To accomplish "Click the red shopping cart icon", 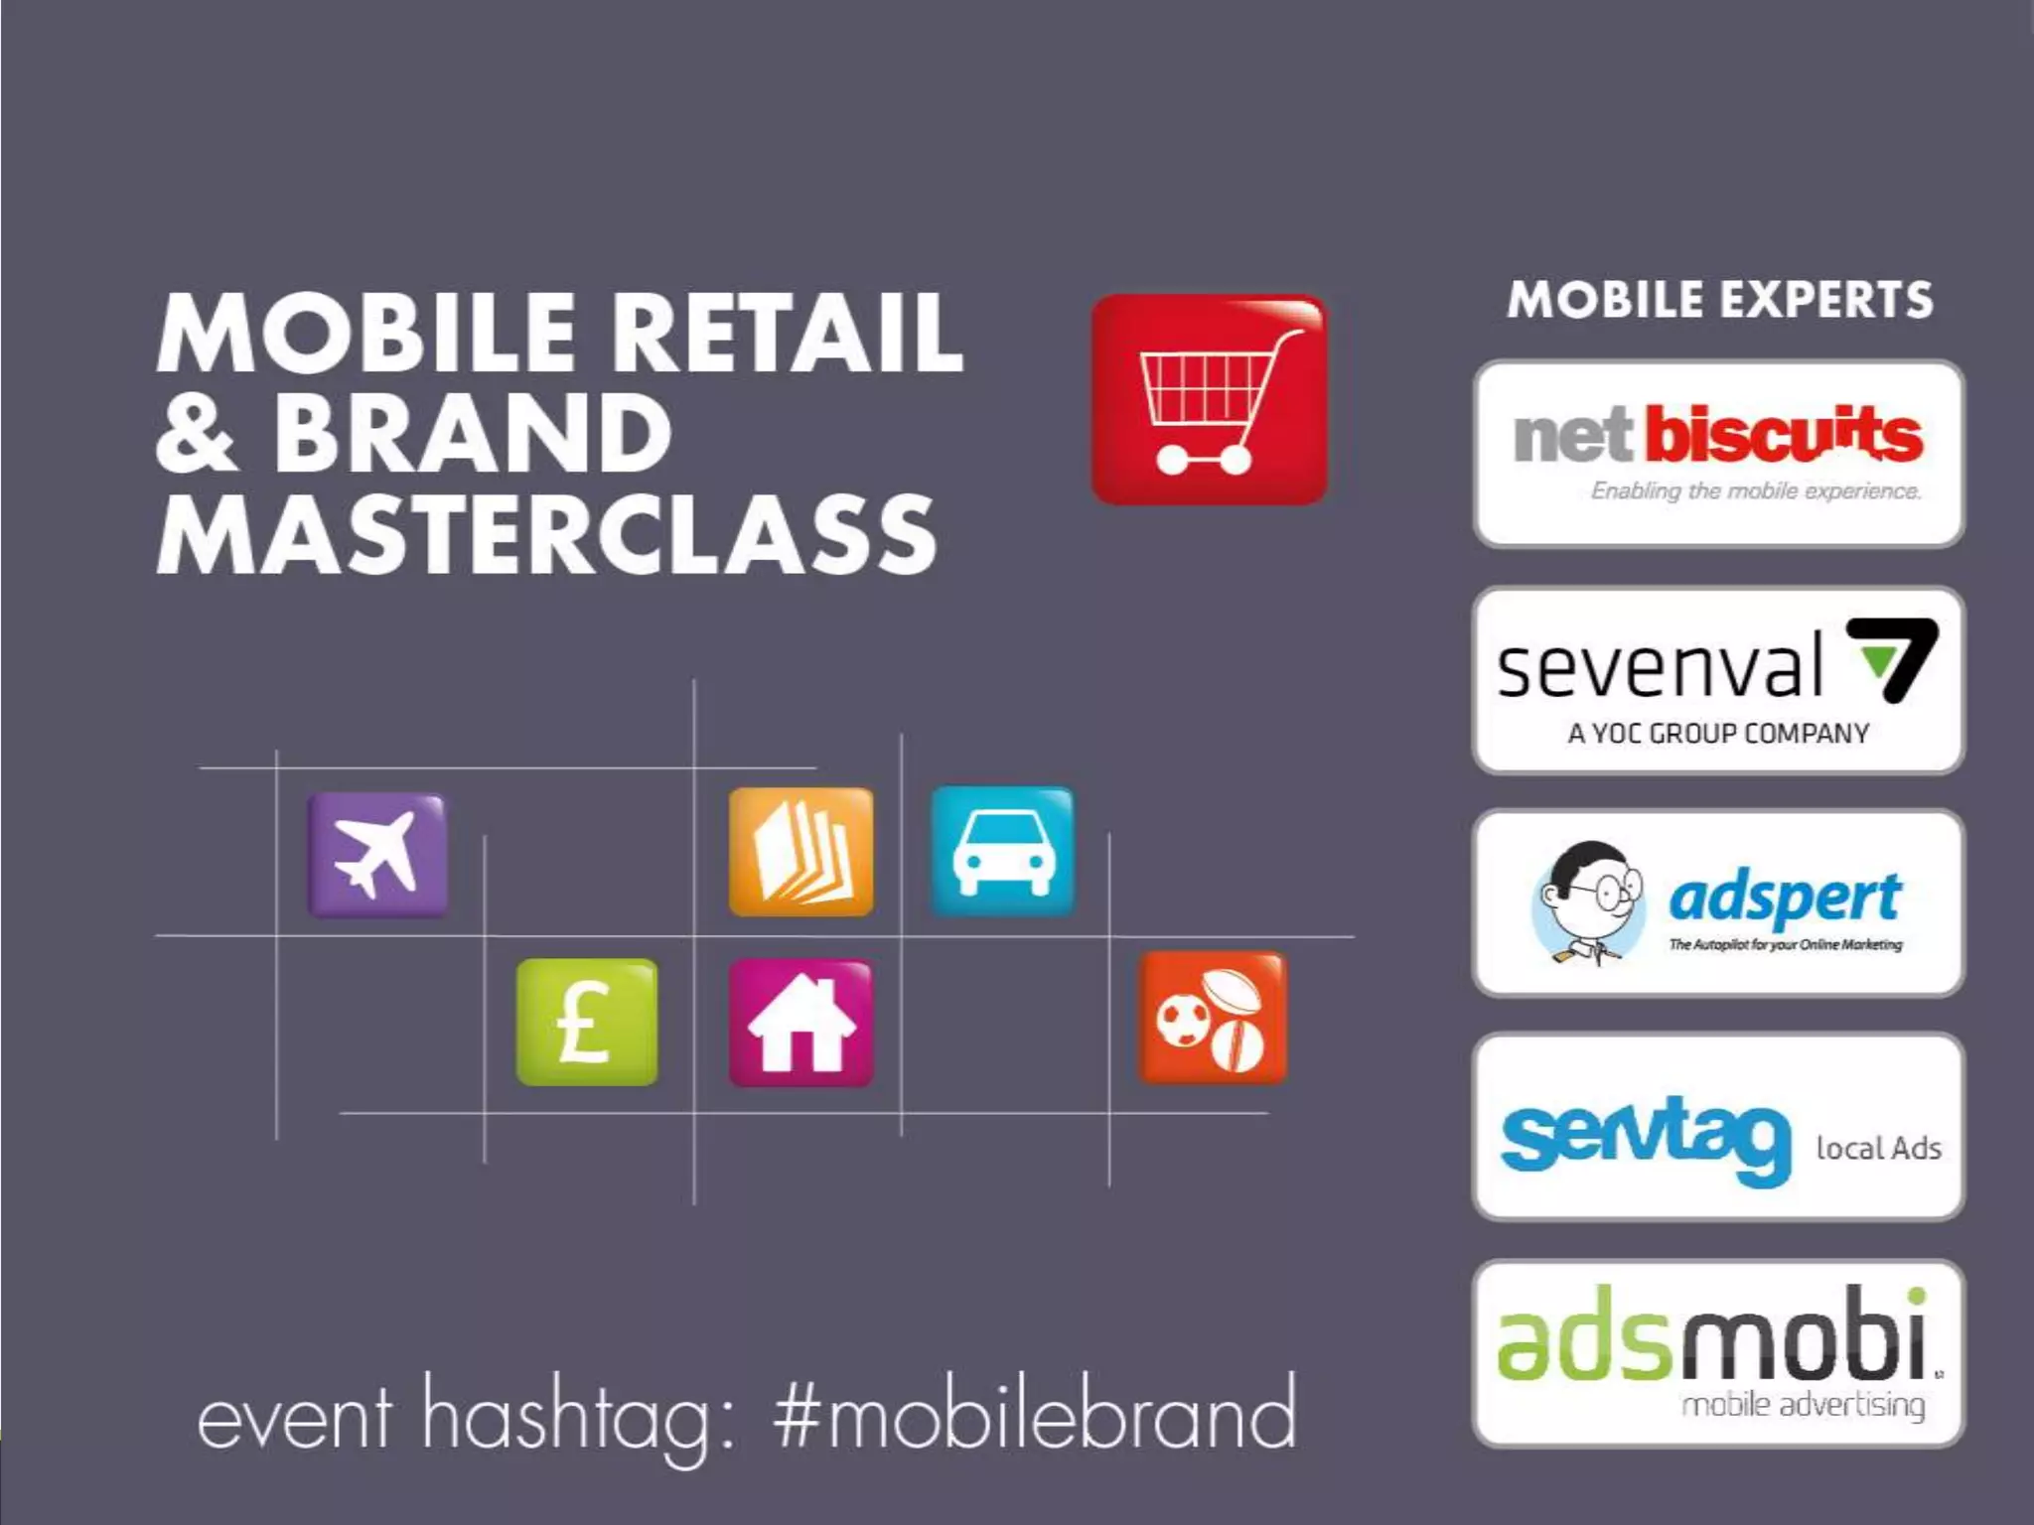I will tap(1209, 399).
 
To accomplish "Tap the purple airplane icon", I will tap(376, 854).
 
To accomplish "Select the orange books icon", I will tap(800, 852).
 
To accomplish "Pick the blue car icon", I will tap(1002, 852).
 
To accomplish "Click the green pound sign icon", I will tap(586, 1022).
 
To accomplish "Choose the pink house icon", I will tap(800, 1023).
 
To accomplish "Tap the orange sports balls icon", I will tap(1211, 1019).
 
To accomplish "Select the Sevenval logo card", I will tap(1718, 680).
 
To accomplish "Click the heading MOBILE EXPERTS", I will tap(1720, 300).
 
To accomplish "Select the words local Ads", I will tap(1878, 1149).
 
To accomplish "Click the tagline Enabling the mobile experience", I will tap(1756, 490).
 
